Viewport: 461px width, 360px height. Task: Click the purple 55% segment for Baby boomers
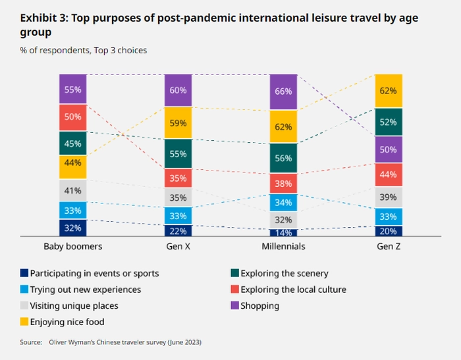coord(72,89)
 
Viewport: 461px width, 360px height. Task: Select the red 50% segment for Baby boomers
coord(72,117)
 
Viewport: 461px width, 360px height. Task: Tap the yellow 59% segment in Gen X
coord(178,122)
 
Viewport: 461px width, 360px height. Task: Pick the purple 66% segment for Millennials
coord(283,91)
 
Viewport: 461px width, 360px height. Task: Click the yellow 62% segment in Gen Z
coord(389,91)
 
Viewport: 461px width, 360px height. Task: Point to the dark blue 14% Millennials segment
coord(283,232)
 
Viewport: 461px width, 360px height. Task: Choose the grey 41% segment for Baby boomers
coord(72,191)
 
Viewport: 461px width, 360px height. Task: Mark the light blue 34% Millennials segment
coord(283,203)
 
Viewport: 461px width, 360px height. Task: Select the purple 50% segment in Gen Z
coord(389,149)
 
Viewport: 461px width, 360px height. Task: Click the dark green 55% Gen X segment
coord(178,153)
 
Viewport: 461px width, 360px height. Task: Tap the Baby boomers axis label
coord(72,247)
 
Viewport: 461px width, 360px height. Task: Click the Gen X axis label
coord(178,247)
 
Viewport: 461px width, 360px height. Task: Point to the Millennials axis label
coord(283,247)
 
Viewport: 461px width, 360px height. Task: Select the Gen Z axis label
coord(389,247)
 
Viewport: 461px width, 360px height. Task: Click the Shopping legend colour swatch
coord(235,305)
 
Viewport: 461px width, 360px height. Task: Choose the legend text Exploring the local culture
coord(293,290)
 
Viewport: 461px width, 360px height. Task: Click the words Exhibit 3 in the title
coord(43,18)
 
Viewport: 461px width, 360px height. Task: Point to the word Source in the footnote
coord(32,342)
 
